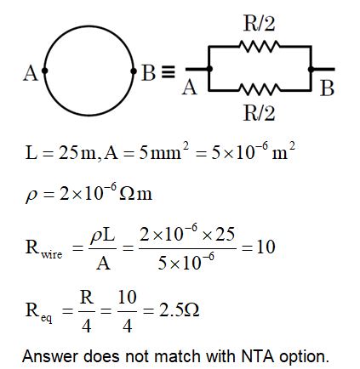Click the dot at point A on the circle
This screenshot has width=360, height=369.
click(x=43, y=71)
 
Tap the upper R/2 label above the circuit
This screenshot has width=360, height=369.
click(x=259, y=23)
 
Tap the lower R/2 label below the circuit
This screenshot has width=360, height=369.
click(x=259, y=113)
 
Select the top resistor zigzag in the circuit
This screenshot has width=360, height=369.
click(x=259, y=48)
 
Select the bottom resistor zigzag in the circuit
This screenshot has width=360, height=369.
click(x=259, y=89)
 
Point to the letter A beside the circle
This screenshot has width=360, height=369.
click(x=30, y=73)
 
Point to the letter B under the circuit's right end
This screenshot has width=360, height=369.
click(x=327, y=88)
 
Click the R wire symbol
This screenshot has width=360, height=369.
click(x=43, y=248)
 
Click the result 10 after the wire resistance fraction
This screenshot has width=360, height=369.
click(x=265, y=247)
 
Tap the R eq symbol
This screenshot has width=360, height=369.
click(x=39, y=312)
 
